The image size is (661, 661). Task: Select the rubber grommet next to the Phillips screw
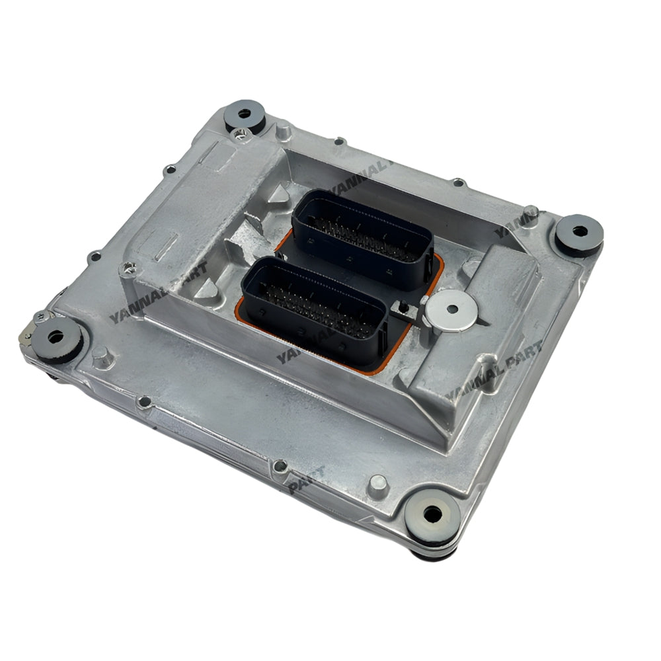[x=245, y=116]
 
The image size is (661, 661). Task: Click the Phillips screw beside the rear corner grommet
[x=239, y=135]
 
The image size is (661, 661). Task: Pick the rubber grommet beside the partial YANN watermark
[x=579, y=233]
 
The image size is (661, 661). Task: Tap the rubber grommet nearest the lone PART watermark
[x=431, y=514]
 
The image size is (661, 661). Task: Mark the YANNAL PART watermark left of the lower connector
[x=159, y=292]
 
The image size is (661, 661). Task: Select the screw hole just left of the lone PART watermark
[x=280, y=466]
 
